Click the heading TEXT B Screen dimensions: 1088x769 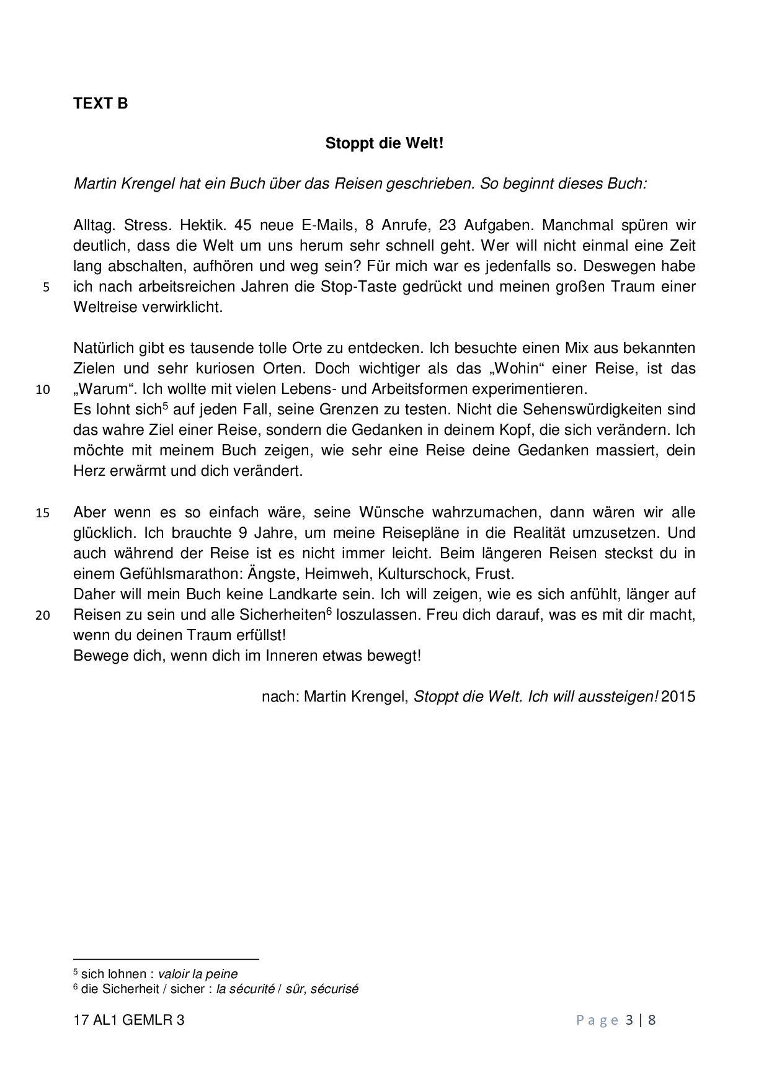(x=100, y=104)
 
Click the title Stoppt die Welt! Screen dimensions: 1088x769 (x=384, y=144)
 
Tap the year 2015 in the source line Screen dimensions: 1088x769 (x=678, y=697)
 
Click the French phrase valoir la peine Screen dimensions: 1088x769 (x=198, y=974)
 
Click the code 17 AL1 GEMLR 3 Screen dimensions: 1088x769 (x=128, y=1020)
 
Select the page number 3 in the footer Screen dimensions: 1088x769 (x=629, y=1020)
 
